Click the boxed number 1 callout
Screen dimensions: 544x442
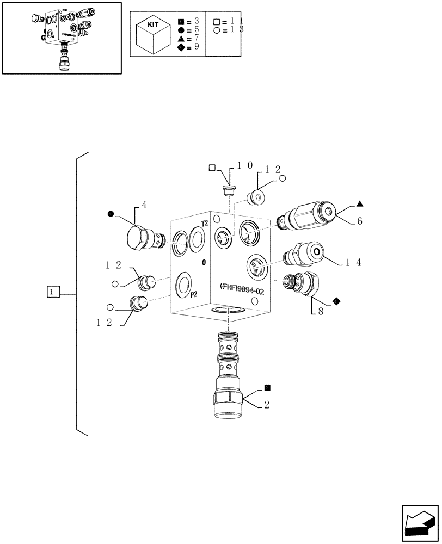(x=52, y=293)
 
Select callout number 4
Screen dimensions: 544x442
(x=144, y=205)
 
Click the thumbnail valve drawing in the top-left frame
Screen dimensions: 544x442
(x=62, y=36)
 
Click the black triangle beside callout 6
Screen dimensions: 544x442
(x=360, y=204)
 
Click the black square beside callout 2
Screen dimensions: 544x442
(x=267, y=388)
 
